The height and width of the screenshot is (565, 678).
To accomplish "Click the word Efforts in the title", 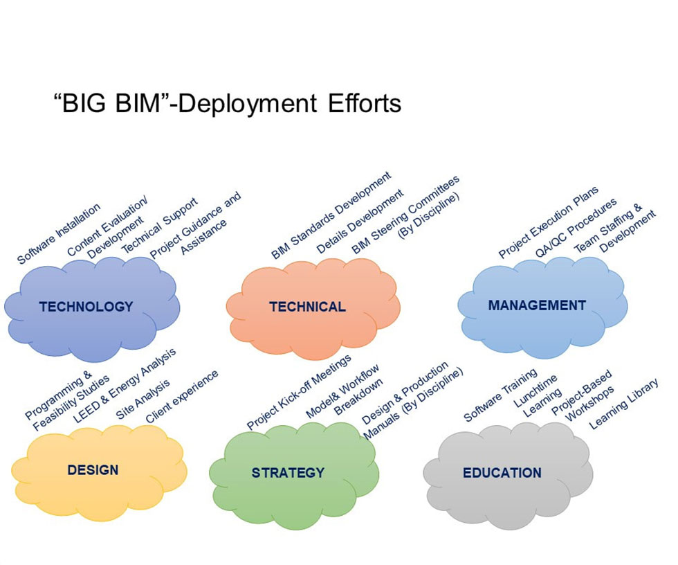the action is point(365,104).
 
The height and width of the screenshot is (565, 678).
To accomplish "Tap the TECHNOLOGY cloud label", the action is point(86,307).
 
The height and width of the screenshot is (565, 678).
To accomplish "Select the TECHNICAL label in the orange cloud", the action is point(307,307).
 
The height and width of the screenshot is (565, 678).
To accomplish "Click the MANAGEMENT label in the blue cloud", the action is point(537,305).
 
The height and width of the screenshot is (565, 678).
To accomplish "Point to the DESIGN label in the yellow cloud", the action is point(93,470).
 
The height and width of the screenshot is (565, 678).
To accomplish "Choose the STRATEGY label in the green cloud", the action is point(288,473).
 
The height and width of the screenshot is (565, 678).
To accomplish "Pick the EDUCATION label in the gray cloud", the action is point(502,473).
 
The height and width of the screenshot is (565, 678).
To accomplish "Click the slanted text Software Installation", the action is point(59,233).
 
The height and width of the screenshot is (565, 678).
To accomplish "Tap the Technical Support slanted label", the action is point(160,226).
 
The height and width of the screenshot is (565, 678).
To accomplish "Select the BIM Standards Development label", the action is point(331,215).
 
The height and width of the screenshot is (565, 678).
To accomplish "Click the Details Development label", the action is point(360,222).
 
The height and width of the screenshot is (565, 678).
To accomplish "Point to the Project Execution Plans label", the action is point(548,222).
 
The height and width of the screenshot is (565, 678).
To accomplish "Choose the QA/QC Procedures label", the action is point(576,228).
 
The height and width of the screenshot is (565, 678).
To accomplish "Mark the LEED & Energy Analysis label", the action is point(125,385).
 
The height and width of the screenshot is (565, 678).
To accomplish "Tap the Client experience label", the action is point(181,397).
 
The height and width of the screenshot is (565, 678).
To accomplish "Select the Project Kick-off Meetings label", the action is point(299,393).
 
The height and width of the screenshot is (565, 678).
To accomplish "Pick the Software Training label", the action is point(500,395).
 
